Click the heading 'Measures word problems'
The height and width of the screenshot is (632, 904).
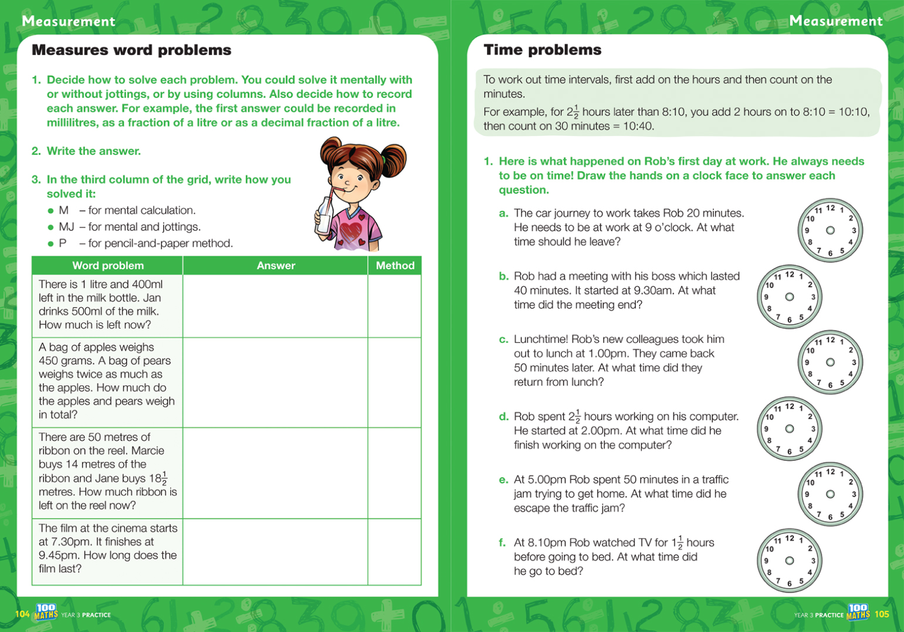coord(131,50)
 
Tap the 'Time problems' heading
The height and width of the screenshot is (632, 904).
coord(542,50)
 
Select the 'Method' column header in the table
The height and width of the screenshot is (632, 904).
coord(395,266)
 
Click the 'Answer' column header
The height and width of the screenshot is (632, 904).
coord(276,266)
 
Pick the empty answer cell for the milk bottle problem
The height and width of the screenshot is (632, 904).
coord(275,305)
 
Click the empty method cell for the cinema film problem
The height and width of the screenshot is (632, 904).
coord(394,552)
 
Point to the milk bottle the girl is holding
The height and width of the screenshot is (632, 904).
coord(323,218)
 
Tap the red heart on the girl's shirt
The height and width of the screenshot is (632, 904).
coord(351,232)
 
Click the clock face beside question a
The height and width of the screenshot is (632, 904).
coord(830,230)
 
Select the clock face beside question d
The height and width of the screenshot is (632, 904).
coord(790,429)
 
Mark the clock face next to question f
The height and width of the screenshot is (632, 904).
coord(790,560)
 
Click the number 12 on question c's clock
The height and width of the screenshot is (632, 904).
coord(830,340)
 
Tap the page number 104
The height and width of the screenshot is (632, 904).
coord(22,614)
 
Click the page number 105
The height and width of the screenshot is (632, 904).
coord(882,614)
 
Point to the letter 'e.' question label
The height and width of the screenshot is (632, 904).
coord(503,480)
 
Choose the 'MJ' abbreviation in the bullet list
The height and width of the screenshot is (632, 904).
coord(66,227)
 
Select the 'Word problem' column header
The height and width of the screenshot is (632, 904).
coord(108,266)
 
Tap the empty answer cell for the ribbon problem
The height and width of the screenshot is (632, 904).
coord(275,473)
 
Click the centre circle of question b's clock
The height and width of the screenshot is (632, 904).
coord(790,297)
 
